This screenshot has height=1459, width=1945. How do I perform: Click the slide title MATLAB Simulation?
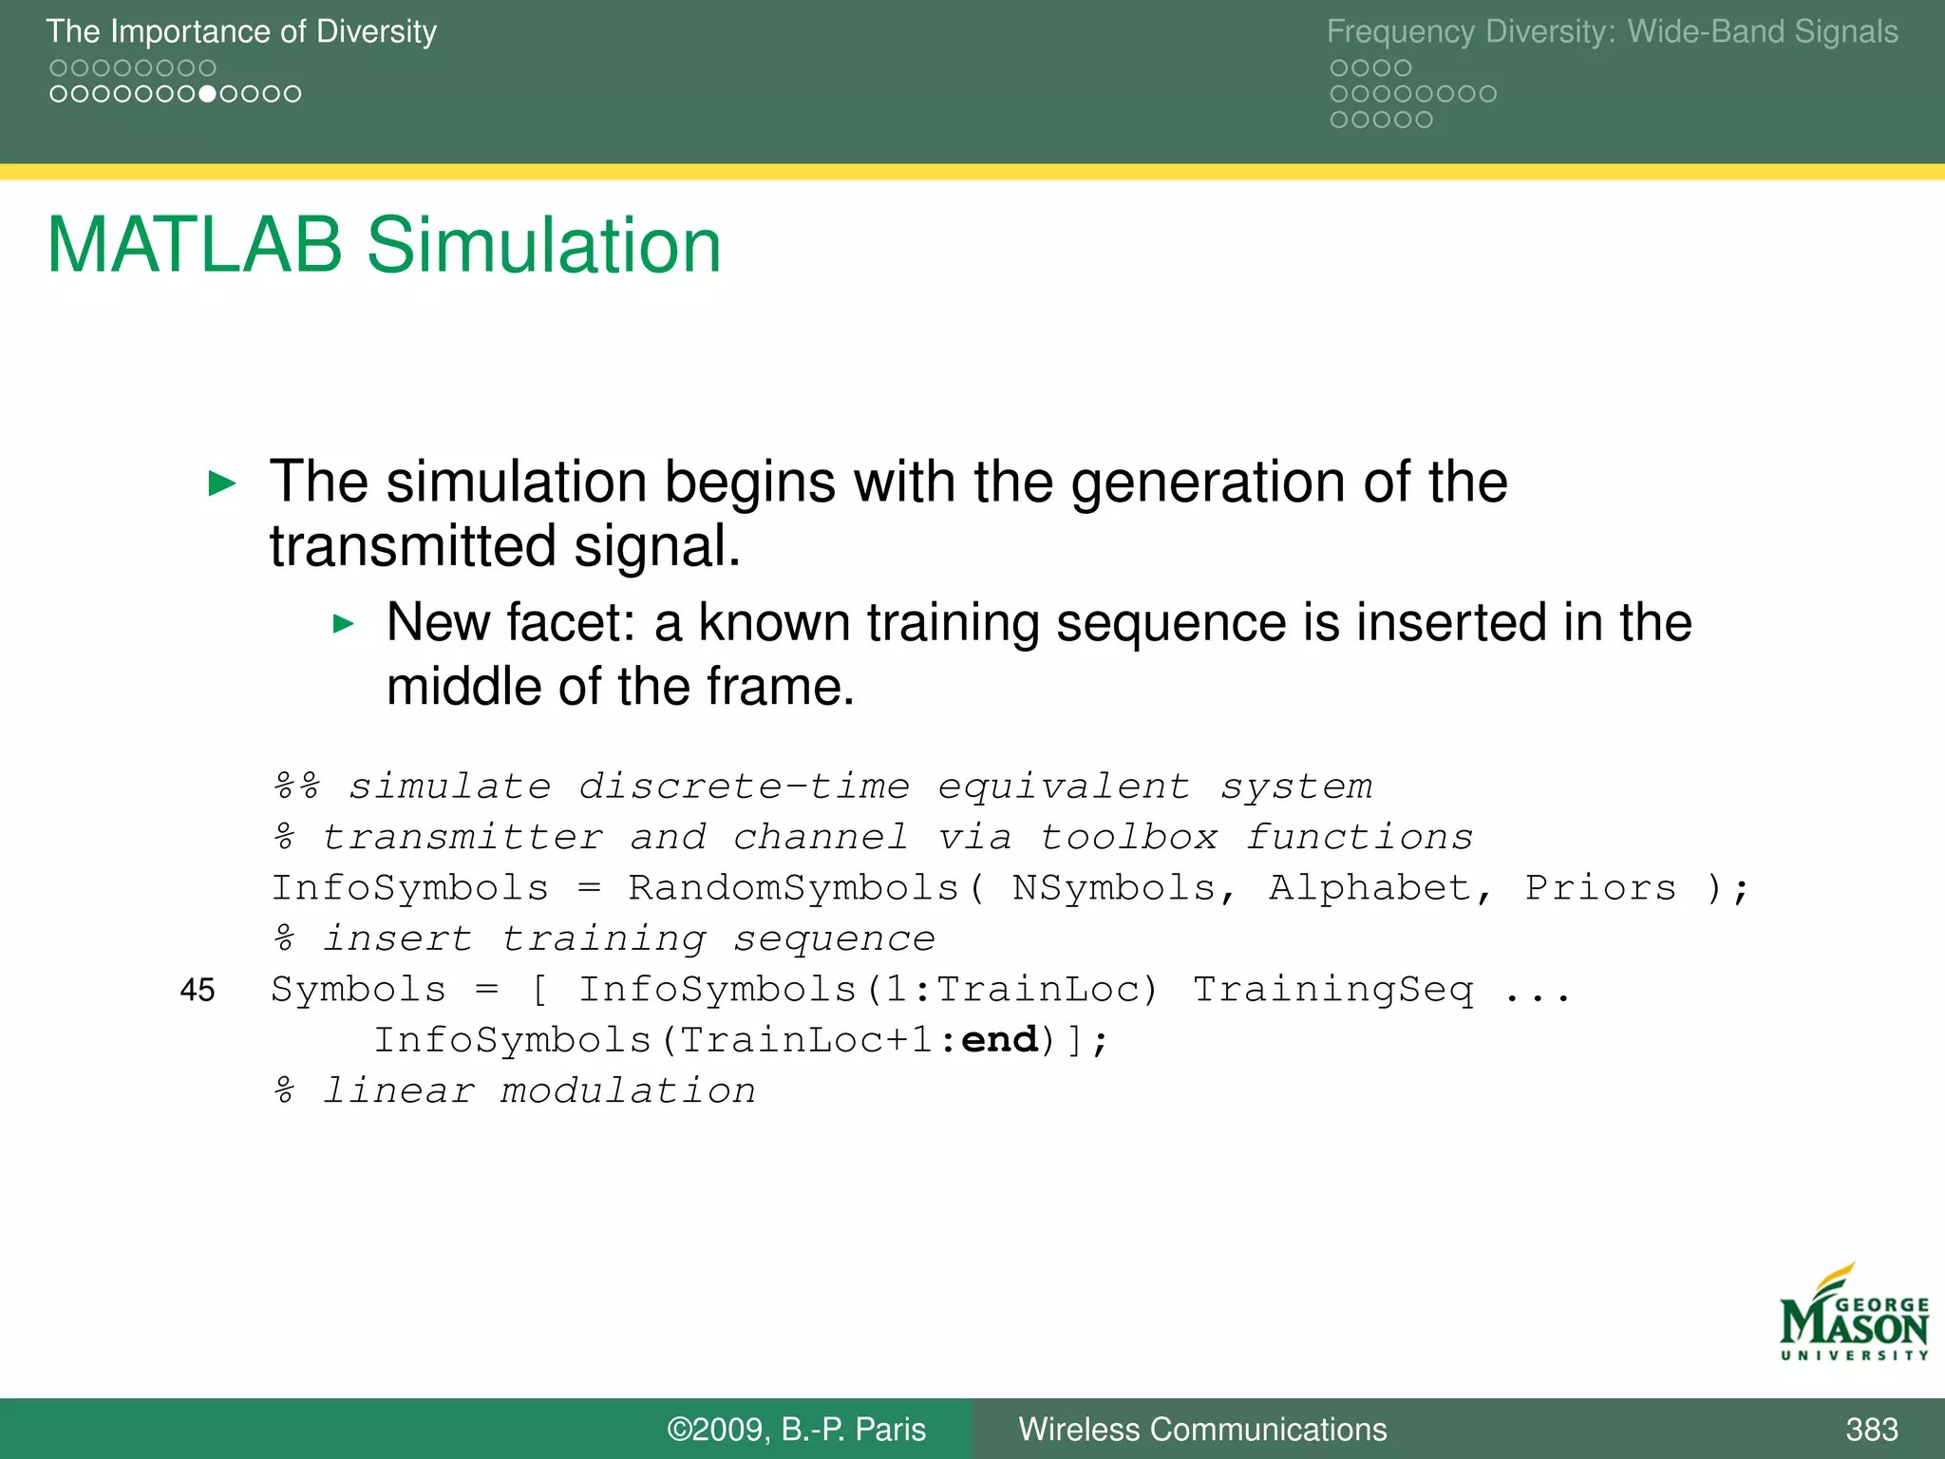click(384, 246)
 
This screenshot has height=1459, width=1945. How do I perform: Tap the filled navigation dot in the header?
click(207, 94)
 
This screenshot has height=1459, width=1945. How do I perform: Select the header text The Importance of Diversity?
click(241, 31)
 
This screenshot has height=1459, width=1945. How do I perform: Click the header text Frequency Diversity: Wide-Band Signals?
click(1612, 31)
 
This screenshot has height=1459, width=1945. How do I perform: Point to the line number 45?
click(198, 991)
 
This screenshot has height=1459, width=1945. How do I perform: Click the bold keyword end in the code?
click(999, 1040)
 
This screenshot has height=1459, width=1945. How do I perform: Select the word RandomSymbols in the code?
click(794, 889)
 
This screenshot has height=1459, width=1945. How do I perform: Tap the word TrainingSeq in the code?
click(1332, 990)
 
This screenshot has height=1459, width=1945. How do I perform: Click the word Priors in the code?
click(1600, 889)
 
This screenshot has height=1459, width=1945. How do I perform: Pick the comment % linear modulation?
click(515, 1091)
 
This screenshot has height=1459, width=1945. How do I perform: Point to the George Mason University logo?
click(1853, 1316)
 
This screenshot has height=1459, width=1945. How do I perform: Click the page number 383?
click(1871, 1430)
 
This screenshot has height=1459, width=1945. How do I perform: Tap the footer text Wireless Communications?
click(1202, 1430)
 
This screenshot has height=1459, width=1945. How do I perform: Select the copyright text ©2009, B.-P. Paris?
click(796, 1430)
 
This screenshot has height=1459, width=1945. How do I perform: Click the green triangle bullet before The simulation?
click(221, 483)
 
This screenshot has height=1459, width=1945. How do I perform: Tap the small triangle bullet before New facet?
click(343, 624)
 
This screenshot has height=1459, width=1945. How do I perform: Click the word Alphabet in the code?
click(1369, 889)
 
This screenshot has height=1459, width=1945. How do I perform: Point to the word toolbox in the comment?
click(1128, 838)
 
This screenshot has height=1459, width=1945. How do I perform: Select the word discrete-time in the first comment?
click(744, 787)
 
